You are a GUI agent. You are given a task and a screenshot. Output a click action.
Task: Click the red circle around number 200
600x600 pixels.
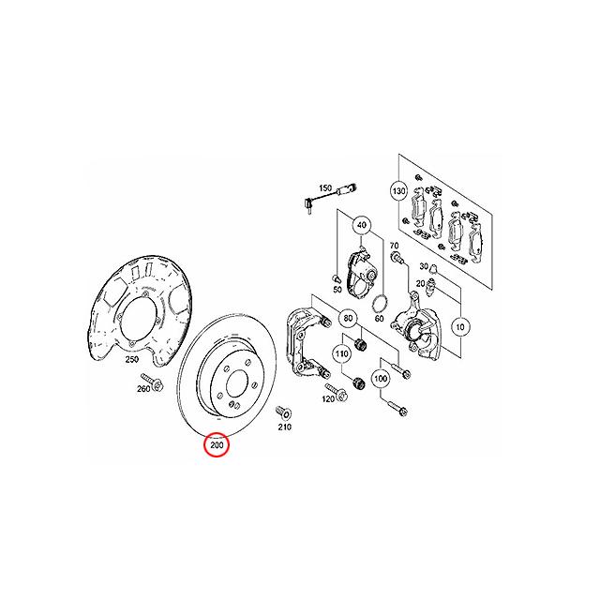click(217, 445)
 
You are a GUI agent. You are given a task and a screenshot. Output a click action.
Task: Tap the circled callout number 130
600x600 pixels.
click(398, 190)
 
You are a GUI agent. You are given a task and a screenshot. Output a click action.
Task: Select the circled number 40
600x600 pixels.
click(362, 225)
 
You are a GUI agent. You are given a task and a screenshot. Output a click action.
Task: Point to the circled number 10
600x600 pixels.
click(459, 327)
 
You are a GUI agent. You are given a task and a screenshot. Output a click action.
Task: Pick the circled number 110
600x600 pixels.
click(343, 353)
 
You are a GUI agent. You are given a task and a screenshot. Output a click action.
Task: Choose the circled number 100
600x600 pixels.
click(380, 379)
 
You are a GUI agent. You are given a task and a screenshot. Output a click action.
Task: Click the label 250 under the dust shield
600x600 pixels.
click(131, 359)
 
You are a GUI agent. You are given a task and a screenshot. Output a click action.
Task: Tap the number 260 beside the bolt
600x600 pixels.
click(143, 388)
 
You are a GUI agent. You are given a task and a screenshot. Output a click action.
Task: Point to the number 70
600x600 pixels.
click(395, 245)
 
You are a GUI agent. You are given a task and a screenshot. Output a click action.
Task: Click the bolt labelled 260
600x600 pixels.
click(160, 382)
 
